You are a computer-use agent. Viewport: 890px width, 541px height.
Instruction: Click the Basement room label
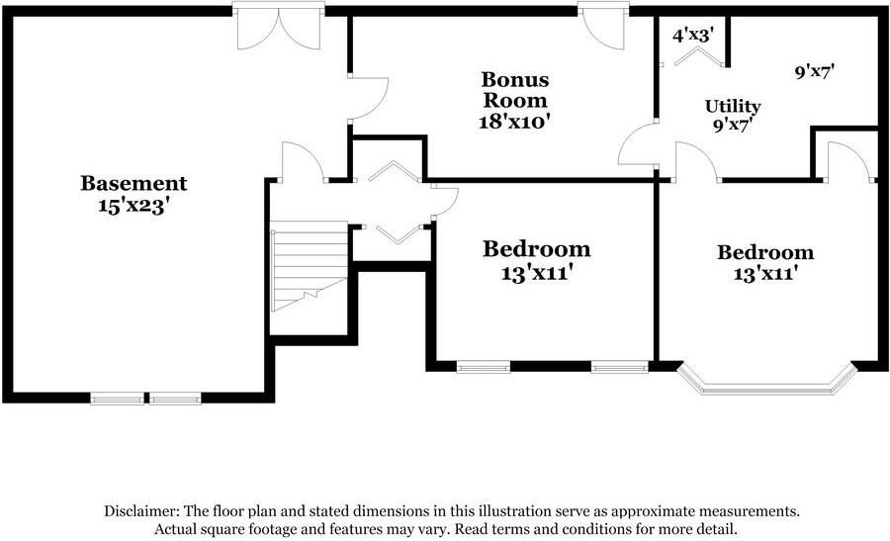pos(133,183)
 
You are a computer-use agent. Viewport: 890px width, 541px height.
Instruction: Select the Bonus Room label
pos(514,89)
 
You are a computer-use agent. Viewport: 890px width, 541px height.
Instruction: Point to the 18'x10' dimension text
pos(514,122)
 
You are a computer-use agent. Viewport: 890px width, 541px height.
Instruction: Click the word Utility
pos(733,106)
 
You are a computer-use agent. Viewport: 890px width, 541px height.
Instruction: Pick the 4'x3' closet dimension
pos(693,35)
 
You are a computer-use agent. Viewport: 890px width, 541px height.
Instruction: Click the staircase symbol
pos(308,264)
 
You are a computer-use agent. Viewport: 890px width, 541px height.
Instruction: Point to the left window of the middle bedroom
pos(483,367)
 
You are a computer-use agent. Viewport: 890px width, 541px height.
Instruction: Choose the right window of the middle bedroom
pos(619,367)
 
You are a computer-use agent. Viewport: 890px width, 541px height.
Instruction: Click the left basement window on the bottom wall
pos(117,399)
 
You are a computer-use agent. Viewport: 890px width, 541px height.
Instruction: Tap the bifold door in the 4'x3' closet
pos(691,56)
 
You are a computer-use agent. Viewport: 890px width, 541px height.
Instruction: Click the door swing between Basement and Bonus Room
pos(369,98)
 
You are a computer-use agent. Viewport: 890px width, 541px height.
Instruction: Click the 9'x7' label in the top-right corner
pos(817,72)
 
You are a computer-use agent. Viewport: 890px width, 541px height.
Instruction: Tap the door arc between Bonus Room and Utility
pos(639,146)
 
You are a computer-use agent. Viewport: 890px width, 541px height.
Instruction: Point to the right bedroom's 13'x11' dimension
pos(765,274)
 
